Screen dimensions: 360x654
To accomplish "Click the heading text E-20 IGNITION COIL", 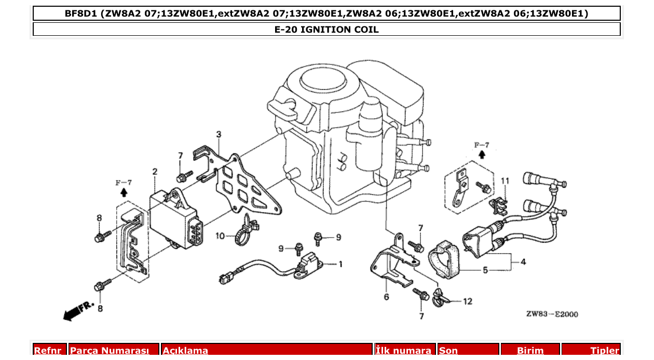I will point(326,30).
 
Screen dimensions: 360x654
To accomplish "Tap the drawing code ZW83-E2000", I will point(552,314).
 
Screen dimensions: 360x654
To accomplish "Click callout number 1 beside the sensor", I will point(340,265).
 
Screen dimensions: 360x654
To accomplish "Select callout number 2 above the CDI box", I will point(154,172).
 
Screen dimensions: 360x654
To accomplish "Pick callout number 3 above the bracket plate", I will point(219,134).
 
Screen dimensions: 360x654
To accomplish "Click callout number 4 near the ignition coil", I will point(523,262).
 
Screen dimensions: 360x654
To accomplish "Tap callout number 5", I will point(485,270).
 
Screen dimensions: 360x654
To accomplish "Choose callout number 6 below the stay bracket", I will point(386,297).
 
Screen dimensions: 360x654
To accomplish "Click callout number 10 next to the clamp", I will point(220,236).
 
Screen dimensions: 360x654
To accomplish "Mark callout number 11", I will point(505,181).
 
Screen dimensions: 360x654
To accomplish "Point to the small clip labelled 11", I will point(499,206).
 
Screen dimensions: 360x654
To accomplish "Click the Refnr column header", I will point(50,351).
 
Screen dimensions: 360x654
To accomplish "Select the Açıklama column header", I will point(266,351).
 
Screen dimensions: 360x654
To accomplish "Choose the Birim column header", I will point(530,351).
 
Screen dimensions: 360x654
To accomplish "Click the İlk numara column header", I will point(405,351).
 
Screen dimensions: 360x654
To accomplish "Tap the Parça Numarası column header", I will point(114,351).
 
